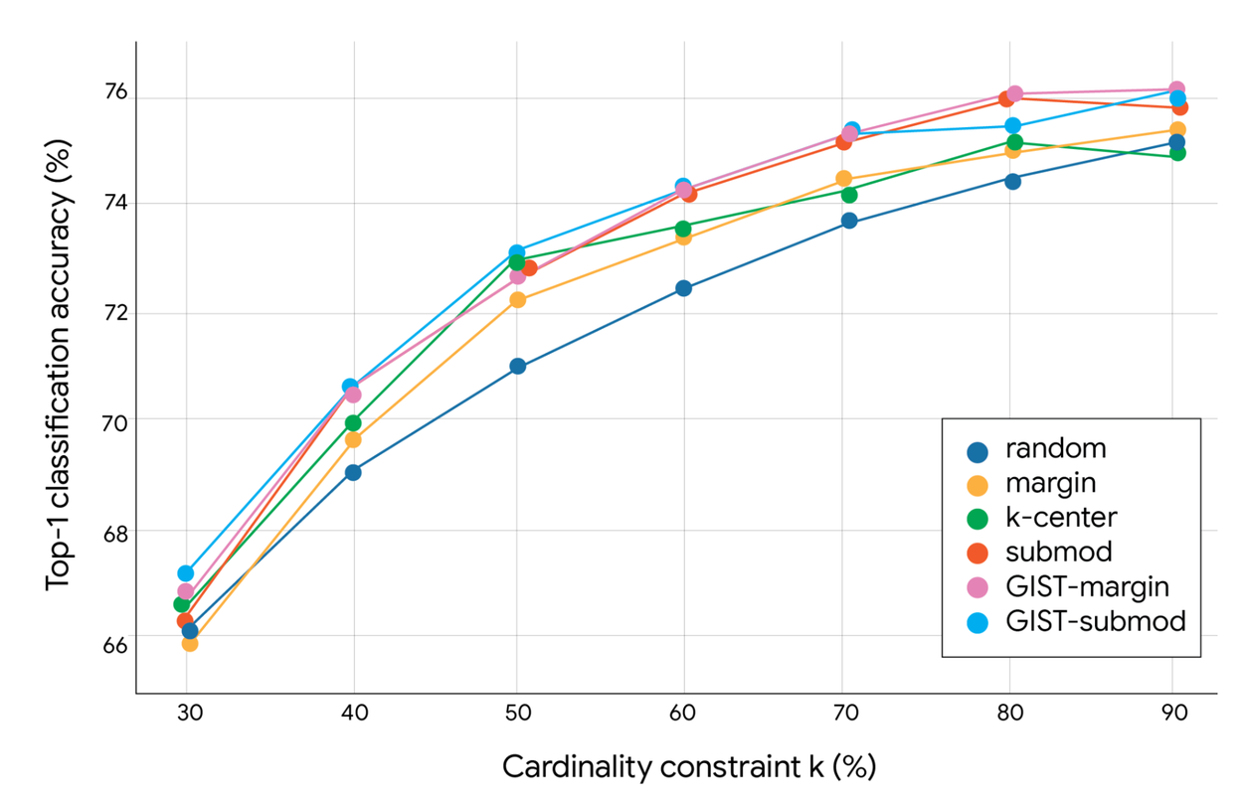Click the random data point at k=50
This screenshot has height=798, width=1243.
[517, 367]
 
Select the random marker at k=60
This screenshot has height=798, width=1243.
[683, 288]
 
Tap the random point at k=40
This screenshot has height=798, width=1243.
[353, 472]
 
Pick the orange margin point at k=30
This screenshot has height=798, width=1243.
[189, 643]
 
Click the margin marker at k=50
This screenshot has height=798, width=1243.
[517, 300]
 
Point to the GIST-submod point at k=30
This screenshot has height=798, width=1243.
[186, 573]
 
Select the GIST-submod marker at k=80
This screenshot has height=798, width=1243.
[1012, 126]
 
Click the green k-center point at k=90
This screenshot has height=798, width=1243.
[1177, 153]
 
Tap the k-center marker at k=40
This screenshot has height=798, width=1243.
[353, 423]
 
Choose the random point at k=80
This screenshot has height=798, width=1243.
[1012, 181]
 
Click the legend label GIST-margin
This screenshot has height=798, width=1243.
[1087, 586]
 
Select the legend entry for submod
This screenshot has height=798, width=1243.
[1058, 552]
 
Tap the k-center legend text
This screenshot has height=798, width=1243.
[1061, 517]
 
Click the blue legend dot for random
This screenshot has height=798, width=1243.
[977, 450]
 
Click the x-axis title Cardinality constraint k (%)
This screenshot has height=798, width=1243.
[688, 767]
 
